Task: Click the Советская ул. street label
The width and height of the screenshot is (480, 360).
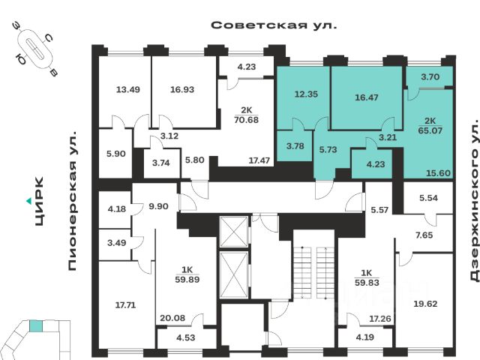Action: point(274,25)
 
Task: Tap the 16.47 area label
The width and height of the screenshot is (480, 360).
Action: point(367,97)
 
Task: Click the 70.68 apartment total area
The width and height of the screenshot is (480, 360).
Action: point(243,118)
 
